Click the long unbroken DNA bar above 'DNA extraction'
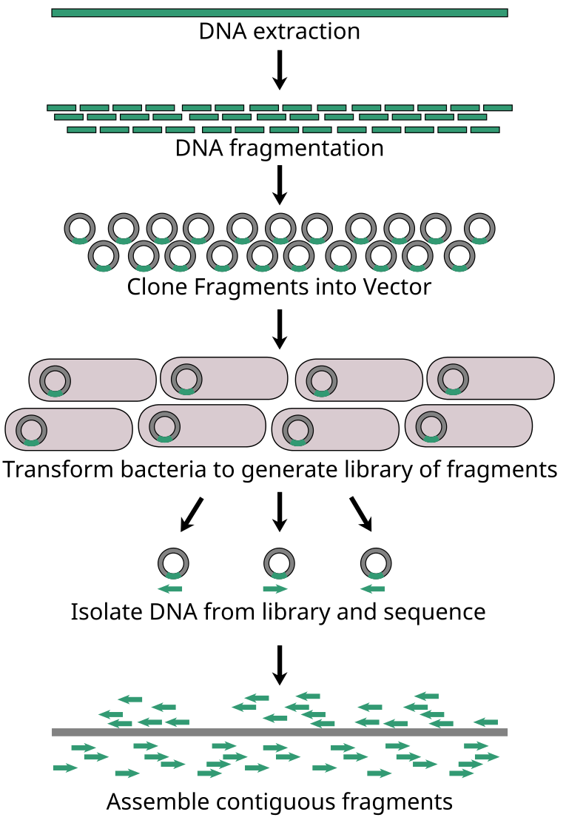pyautogui.click(x=280, y=13)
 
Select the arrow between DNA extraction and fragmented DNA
pyautogui.click(x=280, y=67)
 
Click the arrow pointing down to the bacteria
pyautogui.click(x=280, y=329)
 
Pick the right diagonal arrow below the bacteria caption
pyautogui.click(x=361, y=514)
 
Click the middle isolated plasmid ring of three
pyautogui.click(x=280, y=563)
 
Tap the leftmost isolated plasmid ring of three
pyautogui.click(x=173, y=563)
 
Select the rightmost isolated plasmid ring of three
pyautogui.click(x=376, y=563)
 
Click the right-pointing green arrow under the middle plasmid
pyautogui.click(x=275, y=589)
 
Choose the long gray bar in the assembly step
pyautogui.click(x=280, y=733)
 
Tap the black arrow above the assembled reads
pyautogui.click(x=280, y=665)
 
